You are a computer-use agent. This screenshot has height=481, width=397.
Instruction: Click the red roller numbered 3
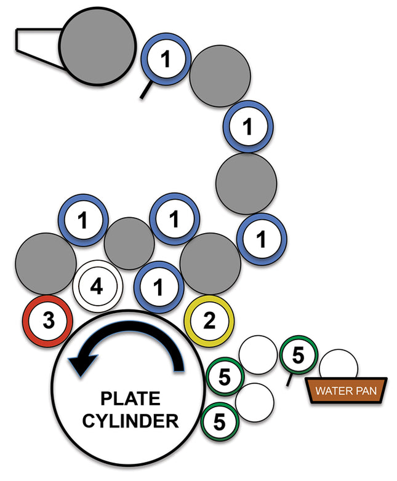coord(48,320)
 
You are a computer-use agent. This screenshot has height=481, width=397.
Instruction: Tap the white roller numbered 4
coord(98,287)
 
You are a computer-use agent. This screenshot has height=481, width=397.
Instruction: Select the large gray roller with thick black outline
coord(97,47)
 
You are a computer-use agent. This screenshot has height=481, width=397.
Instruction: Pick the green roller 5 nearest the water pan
coord(299,355)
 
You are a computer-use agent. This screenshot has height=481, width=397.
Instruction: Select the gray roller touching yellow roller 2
coord(209,263)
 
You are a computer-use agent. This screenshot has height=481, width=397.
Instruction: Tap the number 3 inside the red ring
coord(48,320)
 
